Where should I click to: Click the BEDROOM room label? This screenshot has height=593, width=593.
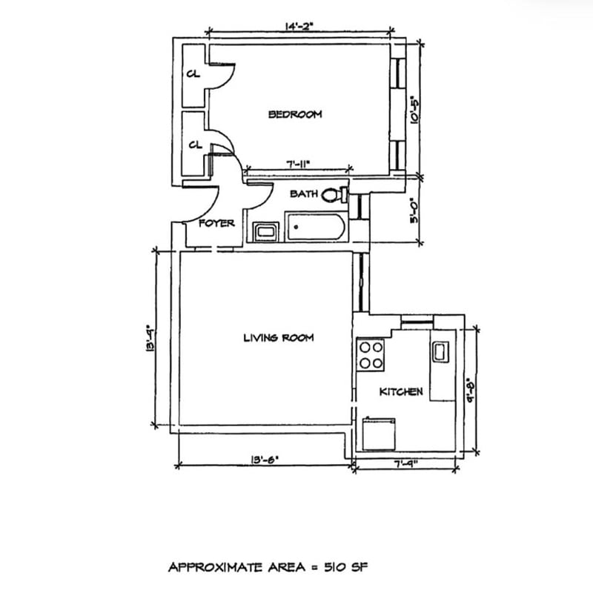[x=295, y=114]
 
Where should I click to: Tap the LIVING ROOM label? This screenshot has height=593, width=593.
[x=279, y=338]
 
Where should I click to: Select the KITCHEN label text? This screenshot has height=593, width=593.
[x=401, y=392]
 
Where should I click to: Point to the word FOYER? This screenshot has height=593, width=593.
[x=216, y=224]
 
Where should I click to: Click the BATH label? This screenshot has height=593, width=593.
[x=304, y=194]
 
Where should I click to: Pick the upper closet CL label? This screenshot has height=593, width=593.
[x=193, y=74]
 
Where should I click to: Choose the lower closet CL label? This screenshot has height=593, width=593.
[x=196, y=145]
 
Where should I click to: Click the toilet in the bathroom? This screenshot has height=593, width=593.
[x=334, y=195]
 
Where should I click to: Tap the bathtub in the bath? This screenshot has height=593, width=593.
[x=316, y=227]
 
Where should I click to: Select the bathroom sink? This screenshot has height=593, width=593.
[x=266, y=232]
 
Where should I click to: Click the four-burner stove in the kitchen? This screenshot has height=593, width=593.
[x=371, y=355]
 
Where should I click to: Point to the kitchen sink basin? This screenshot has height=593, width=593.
[x=440, y=351]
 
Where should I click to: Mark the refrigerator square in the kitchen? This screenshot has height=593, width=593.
[x=379, y=434]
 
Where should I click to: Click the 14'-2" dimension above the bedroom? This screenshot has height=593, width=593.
[x=299, y=27]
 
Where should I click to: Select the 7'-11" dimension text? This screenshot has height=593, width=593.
[x=298, y=164]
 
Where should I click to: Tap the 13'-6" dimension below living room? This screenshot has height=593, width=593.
[x=265, y=460]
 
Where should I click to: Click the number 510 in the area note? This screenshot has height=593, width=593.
[x=335, y=567]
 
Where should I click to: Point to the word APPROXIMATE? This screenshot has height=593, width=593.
[x=215, y=567]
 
